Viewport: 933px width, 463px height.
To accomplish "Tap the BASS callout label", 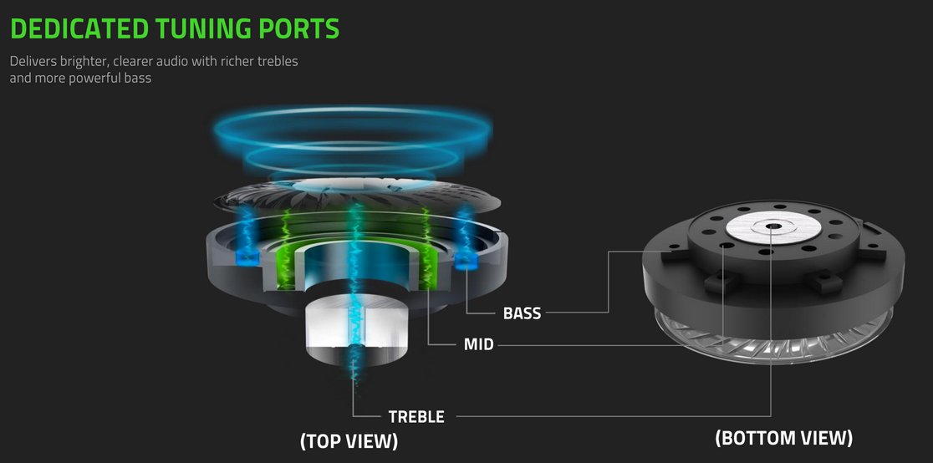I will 522,314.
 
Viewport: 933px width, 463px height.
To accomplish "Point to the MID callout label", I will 478,344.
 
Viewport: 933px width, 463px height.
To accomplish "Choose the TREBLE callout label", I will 416,416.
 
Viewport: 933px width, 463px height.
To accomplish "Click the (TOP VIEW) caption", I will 349,440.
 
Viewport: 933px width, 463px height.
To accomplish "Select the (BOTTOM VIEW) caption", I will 783,438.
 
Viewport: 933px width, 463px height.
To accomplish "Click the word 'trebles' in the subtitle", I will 275,62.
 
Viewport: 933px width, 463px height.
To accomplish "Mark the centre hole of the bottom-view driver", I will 770,226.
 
